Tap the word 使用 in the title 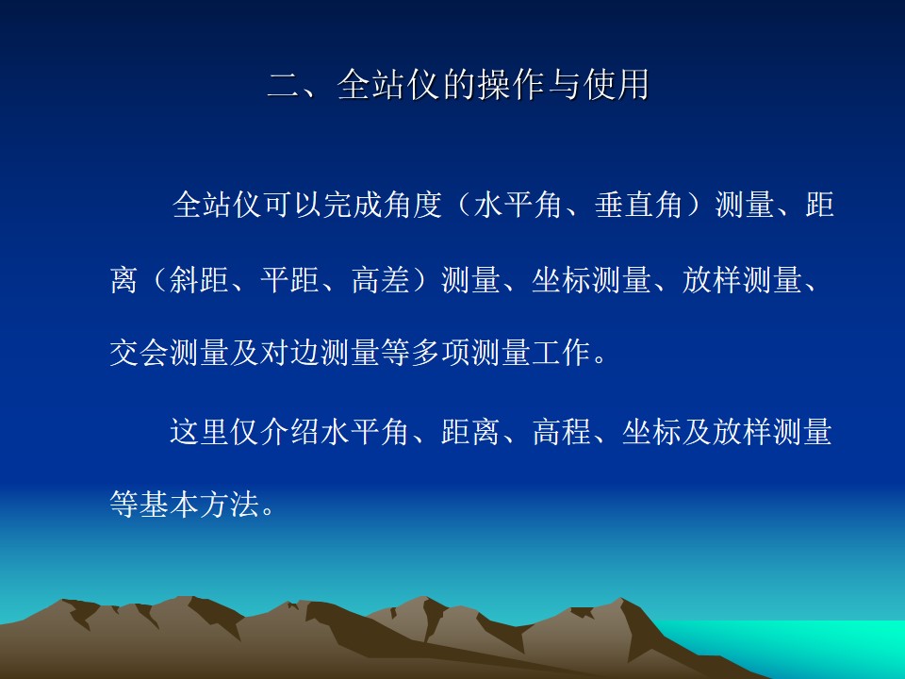tap(617, 85)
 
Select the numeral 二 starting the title tap(285, 86)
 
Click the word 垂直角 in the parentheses tap(638, 205)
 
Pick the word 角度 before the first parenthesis tap(413, 205)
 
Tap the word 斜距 tap(199, 280)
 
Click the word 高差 tap(381, 280)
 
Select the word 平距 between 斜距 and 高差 tap(289, 280)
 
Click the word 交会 tap(140, 352)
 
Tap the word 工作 tap(561, 352)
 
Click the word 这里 tap(199, 432)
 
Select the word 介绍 tap(289, 432)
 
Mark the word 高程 tap(562, 432)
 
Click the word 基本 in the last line tap(169, 504)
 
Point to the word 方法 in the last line tap(229, 504)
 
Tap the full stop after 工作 tap(601, 359)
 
